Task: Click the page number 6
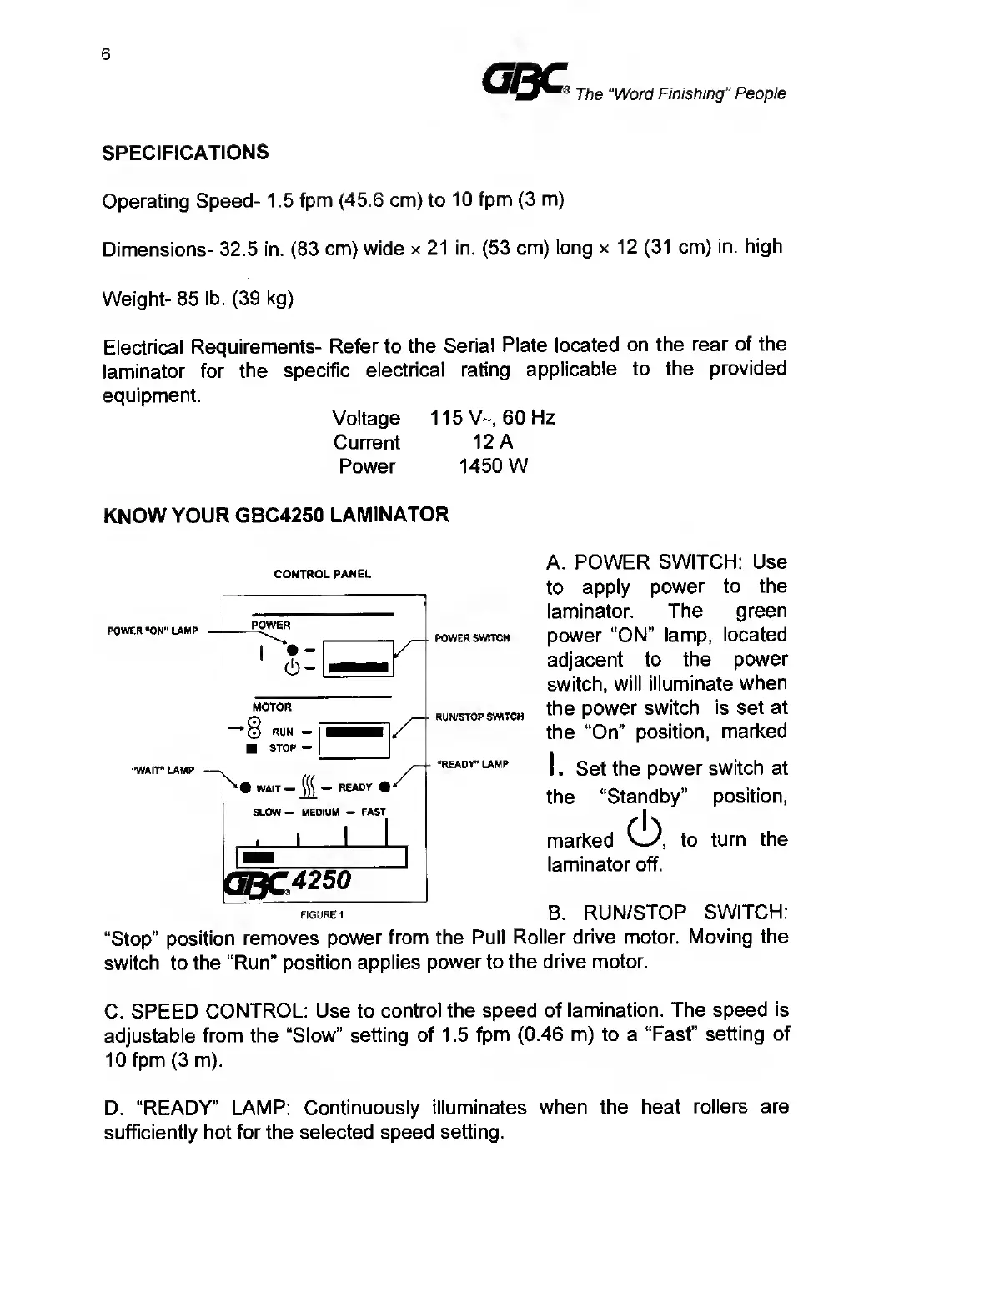[105, 55]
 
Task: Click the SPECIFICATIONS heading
[185, 153]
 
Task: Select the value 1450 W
[493, 466]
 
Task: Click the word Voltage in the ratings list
[366, 418]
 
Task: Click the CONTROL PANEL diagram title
[323, 574]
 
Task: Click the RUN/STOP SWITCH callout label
[479, 717]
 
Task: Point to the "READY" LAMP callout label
[472, 764]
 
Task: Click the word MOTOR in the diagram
[272, 707]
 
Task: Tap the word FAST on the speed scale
[374, 812]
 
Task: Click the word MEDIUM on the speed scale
[320, 812]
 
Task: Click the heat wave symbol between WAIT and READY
[307, 787]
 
